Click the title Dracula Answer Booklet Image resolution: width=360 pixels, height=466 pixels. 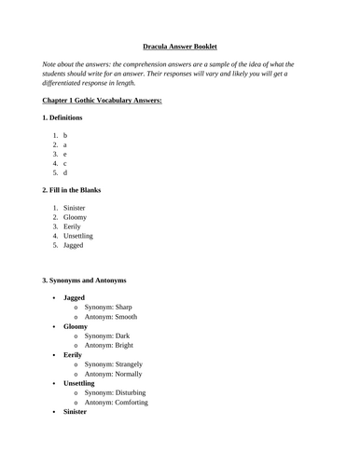180,45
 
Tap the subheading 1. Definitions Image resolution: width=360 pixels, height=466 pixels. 62,117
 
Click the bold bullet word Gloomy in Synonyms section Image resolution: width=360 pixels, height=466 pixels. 76,328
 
